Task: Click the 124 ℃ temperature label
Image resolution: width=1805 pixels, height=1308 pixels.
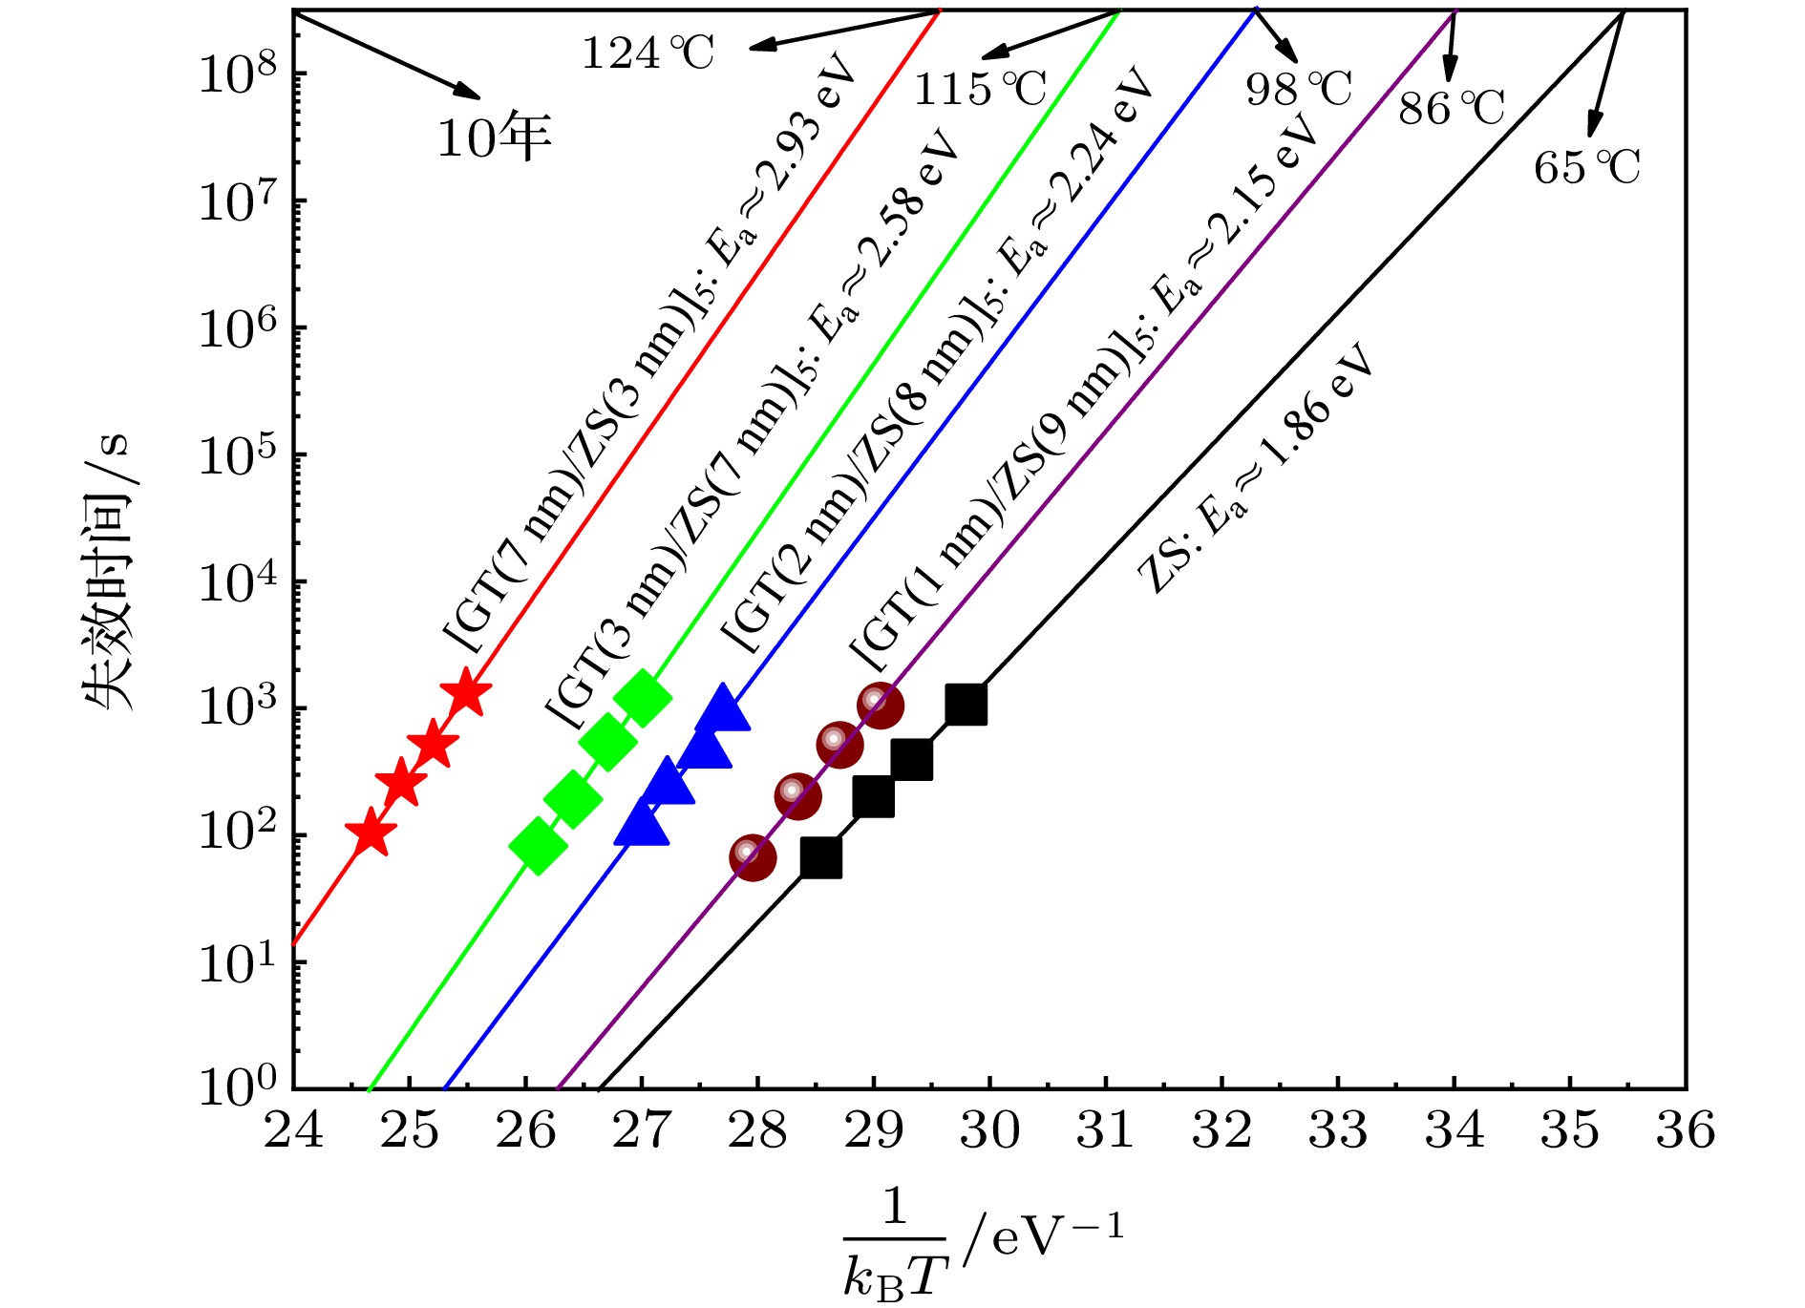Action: coord(648,53)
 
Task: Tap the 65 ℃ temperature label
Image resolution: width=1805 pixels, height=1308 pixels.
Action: coord(1586,167)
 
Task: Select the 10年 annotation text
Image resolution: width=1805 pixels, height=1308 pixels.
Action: coord(494,138)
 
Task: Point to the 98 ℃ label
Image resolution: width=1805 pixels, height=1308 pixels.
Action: coord(1298,89)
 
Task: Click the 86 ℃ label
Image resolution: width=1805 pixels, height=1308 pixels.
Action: coord(1451,108)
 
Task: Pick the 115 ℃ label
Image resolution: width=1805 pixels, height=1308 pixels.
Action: coord(980,89)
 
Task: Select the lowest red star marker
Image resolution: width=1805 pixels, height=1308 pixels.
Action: coord(371,833)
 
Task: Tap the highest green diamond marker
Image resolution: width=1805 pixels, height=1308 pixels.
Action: coord(643,698)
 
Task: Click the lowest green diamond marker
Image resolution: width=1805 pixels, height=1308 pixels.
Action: coord(538,844)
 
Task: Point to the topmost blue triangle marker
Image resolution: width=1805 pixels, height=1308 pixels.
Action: coord(723,709)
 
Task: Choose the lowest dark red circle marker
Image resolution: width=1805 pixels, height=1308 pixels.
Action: coord(753,857)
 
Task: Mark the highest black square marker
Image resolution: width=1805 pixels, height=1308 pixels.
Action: coord(966,705)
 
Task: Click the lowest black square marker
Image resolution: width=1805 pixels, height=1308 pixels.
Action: coord(821,857)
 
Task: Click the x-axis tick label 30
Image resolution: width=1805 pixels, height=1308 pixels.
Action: coord(990,1130)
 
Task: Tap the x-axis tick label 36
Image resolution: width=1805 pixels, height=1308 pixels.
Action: coord(1686,1130)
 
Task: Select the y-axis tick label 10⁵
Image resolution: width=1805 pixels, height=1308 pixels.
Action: coord(238,456)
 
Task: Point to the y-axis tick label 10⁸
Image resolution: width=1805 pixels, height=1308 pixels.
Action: coord(238,74)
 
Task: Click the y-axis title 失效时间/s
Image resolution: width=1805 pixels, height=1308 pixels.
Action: coord(108,573)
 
